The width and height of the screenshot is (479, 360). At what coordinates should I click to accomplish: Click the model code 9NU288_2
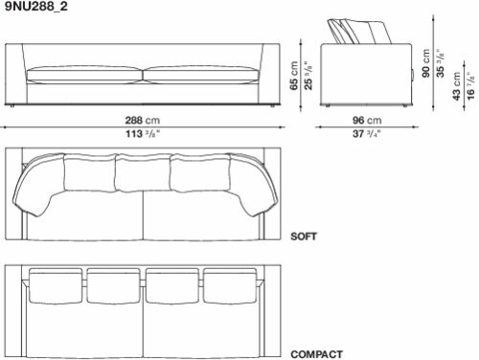pos(36,7)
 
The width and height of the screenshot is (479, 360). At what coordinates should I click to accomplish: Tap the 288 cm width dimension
pos(143,121)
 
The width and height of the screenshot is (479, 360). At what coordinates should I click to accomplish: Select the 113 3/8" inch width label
pos(143,133)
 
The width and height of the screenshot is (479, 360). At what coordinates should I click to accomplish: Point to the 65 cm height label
pos(294,76)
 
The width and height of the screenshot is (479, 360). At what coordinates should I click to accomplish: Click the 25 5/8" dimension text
pos(308,76)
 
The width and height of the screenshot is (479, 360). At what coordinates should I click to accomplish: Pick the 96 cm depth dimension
pos(367,121)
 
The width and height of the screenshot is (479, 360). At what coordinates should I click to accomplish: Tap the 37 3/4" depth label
pos(367,133)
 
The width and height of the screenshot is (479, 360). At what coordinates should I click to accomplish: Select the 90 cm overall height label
pos(425,63)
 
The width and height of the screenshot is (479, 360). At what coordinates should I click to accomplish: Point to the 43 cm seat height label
pos(457,86)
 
